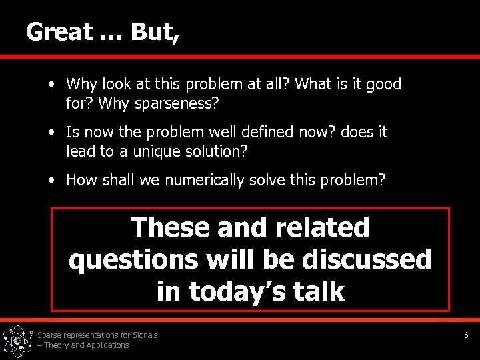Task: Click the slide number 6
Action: [x=466, y=335]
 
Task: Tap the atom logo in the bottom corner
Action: [x=17, y=341]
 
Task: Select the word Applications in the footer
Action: [x=107, y=345]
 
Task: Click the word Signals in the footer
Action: [x=144, y=335]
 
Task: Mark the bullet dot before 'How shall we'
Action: [x=51, y=179]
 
